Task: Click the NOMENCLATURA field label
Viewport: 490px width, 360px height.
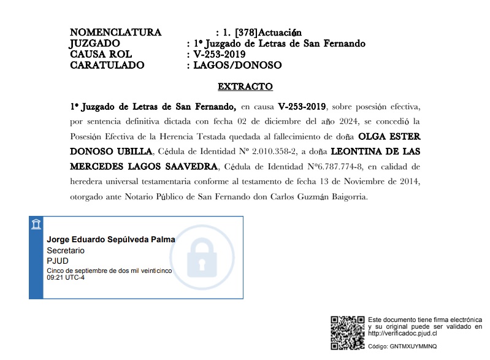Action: (x=116, y=33)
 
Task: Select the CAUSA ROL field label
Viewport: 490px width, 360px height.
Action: (x=101, y=54)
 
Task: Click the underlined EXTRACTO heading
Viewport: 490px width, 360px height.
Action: (x=245, y=86)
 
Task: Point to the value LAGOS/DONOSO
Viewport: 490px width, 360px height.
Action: (x=237, y=65)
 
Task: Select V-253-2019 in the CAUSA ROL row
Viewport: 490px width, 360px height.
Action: (x=220, y=54)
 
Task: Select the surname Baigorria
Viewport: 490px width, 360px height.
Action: (x=345, y=197)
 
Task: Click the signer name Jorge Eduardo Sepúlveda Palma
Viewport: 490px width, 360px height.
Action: (x=111, y=239)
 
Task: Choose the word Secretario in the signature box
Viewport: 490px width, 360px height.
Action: (x=66, y=251)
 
